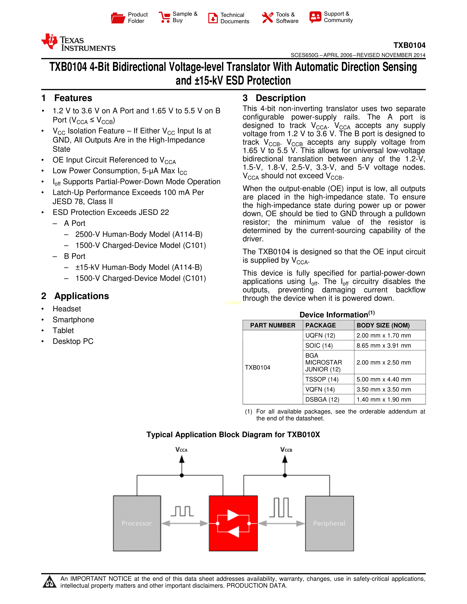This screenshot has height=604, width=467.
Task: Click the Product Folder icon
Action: click(x=118, y=18)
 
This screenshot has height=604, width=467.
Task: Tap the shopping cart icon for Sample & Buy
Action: click(x=165, y=17)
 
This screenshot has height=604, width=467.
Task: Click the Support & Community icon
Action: click(x=315, y=17)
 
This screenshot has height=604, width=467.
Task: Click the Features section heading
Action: click(x=73, y=98)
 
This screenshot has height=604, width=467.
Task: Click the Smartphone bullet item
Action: click(x=73, y=320)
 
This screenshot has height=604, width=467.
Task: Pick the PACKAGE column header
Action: click(x=320, y=325)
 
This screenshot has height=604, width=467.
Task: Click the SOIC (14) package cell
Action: click(x=319, y=345)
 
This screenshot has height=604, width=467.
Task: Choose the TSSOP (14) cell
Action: click(x=322, y=379)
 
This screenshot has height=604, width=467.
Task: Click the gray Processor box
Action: click(x=137, y=523)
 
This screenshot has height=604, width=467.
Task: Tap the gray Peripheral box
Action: click(x=329, y=523)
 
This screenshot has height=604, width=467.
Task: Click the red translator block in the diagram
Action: click(x=233, y=523)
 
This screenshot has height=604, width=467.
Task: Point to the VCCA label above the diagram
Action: click(x=181, y=450)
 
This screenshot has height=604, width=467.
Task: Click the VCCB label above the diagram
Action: click(x=286, y=450)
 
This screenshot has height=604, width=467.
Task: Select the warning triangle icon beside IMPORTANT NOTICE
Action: click(x=49, y=582)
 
